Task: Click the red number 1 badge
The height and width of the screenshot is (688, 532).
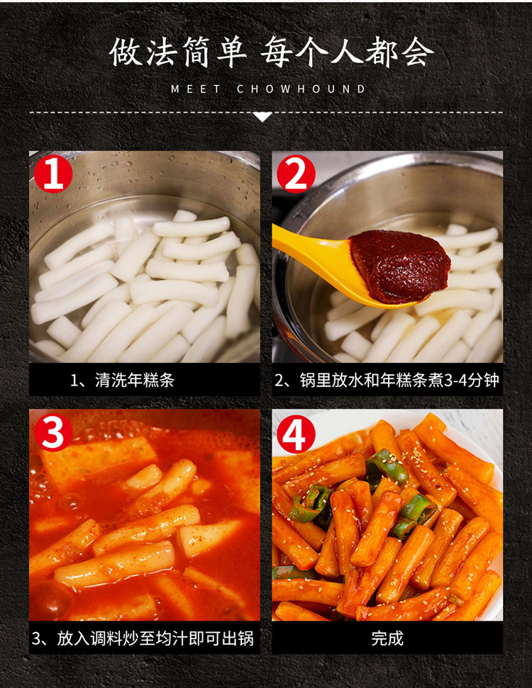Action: click(x=53, y=174)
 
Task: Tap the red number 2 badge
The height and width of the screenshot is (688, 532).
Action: click(x=296, y=174)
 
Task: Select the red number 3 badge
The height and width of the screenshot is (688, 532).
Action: click(x=53, y=433)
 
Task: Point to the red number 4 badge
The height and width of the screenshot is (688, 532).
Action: click(x=296, y=434)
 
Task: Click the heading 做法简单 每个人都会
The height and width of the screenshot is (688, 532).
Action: click(x=271, y=52)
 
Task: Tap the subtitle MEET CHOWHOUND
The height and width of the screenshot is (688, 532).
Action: click(x=268, y=89)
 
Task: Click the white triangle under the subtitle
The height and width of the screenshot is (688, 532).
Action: click(x=262, y=117)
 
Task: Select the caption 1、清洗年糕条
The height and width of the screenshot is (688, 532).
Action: click(x=123, y=380)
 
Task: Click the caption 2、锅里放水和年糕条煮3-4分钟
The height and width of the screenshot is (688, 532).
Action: click(x=387, y=380)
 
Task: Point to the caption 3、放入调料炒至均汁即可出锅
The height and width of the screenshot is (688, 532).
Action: click(x=143, y=638)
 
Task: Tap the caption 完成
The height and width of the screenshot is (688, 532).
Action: click(x=387, y=638)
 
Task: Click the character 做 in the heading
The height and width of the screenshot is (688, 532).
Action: click(x=126, y=52)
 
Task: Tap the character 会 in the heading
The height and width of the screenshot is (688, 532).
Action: click(x=417, y=52)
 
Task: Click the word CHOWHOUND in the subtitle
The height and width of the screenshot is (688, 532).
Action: click(x=301, y=89)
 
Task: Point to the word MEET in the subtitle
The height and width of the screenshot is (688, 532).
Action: click(x=196, y=89)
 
